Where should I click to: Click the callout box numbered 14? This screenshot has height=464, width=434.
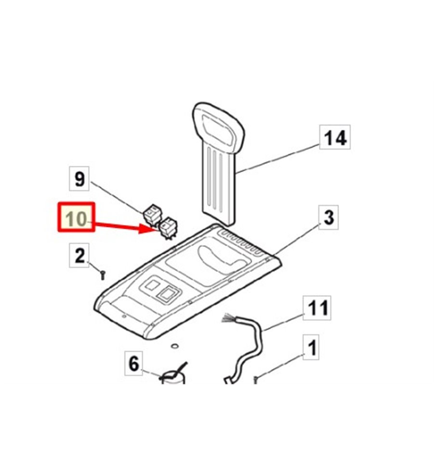335,137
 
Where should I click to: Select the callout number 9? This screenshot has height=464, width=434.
79,179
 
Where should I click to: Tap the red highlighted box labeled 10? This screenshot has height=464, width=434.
76,217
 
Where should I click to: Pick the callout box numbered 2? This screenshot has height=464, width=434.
79,256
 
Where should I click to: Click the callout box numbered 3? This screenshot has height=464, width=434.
329,218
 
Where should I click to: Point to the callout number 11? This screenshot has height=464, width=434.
317,308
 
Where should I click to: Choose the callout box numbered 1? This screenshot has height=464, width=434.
311,347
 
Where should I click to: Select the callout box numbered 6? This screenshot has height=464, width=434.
134,363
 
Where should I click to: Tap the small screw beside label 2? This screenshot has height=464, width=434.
103,275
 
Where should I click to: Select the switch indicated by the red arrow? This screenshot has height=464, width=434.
168,228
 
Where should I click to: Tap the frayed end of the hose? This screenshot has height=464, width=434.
229,318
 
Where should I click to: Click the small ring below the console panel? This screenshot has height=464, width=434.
175,345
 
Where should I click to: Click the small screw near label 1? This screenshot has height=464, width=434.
256,380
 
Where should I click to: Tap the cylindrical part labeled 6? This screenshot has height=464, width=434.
173,378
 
